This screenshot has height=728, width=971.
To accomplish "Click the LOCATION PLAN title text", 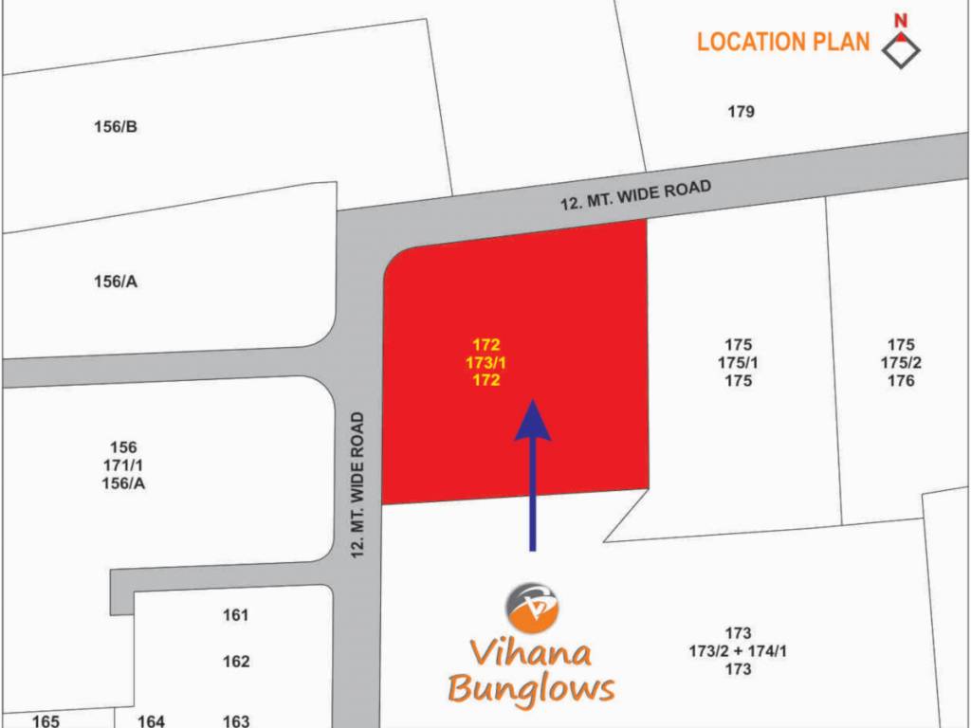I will (783, 42).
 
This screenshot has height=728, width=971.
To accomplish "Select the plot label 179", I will (742, 112).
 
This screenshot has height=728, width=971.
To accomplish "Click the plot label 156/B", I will (117, 127).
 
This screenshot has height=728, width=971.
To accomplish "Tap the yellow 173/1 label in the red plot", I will (486, 362).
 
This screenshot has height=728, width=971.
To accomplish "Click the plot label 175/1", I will (738, 363).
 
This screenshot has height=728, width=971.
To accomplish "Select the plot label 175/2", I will (901, 363).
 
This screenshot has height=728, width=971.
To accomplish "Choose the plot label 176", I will (901, 381).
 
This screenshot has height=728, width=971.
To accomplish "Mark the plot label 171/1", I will (123, 465).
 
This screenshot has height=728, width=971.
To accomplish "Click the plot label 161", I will (236, 615).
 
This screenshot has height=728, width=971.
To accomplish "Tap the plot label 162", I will (236, 662).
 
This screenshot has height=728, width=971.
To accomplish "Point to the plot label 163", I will (236, 720).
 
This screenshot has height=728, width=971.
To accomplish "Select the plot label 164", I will (152, 720).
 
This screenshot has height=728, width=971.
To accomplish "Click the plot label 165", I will (46, 720).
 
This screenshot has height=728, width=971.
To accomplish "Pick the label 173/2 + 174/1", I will (738, 651).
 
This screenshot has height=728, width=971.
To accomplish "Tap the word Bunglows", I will (531, 689).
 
